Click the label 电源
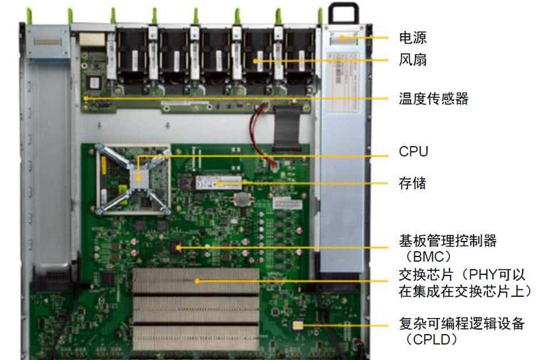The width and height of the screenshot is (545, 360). pyautogui.click(x=413, y=39)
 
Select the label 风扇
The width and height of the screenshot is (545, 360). pyautogui.click(x=413, y=59)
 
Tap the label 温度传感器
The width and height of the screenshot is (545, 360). pyautogui.click(x=433, y=99)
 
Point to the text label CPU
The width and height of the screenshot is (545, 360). pyautogui.click(x=413, y=152)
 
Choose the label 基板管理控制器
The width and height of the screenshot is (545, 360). pyautogui.click(x=448, y=240)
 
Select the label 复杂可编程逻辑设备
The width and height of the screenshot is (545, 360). pyautogui.click(x=462, y=323)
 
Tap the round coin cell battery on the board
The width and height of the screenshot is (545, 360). pyautogui.click(x=241, y=199)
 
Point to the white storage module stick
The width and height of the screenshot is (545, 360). pyautogui.click(x=219, y=183)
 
